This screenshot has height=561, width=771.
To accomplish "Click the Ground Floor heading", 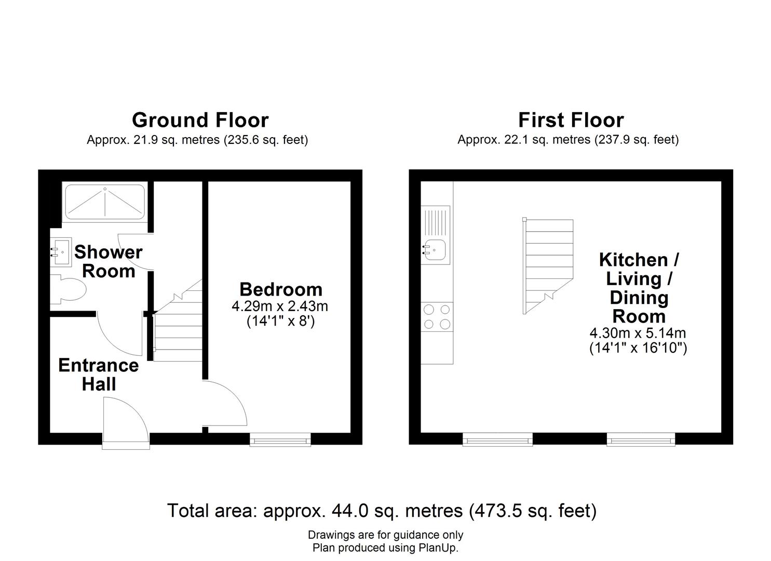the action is tap(200, 120).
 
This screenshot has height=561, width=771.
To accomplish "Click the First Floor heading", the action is tap(571, 120).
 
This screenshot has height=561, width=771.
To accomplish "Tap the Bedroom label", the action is tap(281, 289).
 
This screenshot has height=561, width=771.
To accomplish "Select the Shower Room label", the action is tap(109, 261).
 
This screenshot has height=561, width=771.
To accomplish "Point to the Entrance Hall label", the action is tap(99, 375).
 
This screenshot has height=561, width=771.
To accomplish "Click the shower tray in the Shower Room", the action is tap(105, 202).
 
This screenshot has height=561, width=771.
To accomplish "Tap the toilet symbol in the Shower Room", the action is tap(68, 289).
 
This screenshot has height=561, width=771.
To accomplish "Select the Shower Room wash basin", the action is tap(61, 252).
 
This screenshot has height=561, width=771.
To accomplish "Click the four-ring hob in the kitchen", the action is tap(437, 317).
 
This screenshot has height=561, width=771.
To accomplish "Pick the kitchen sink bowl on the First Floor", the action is tap(435, 250).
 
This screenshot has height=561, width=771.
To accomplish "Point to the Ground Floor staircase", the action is tap(178, 320).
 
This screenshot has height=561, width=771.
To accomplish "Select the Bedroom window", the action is tap(280, 440).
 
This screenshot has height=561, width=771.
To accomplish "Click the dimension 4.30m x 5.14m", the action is tap(638, 333).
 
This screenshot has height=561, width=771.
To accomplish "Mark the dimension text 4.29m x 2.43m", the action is tap(280, 306).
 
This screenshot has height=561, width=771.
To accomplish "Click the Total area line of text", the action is tap(382, 511).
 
